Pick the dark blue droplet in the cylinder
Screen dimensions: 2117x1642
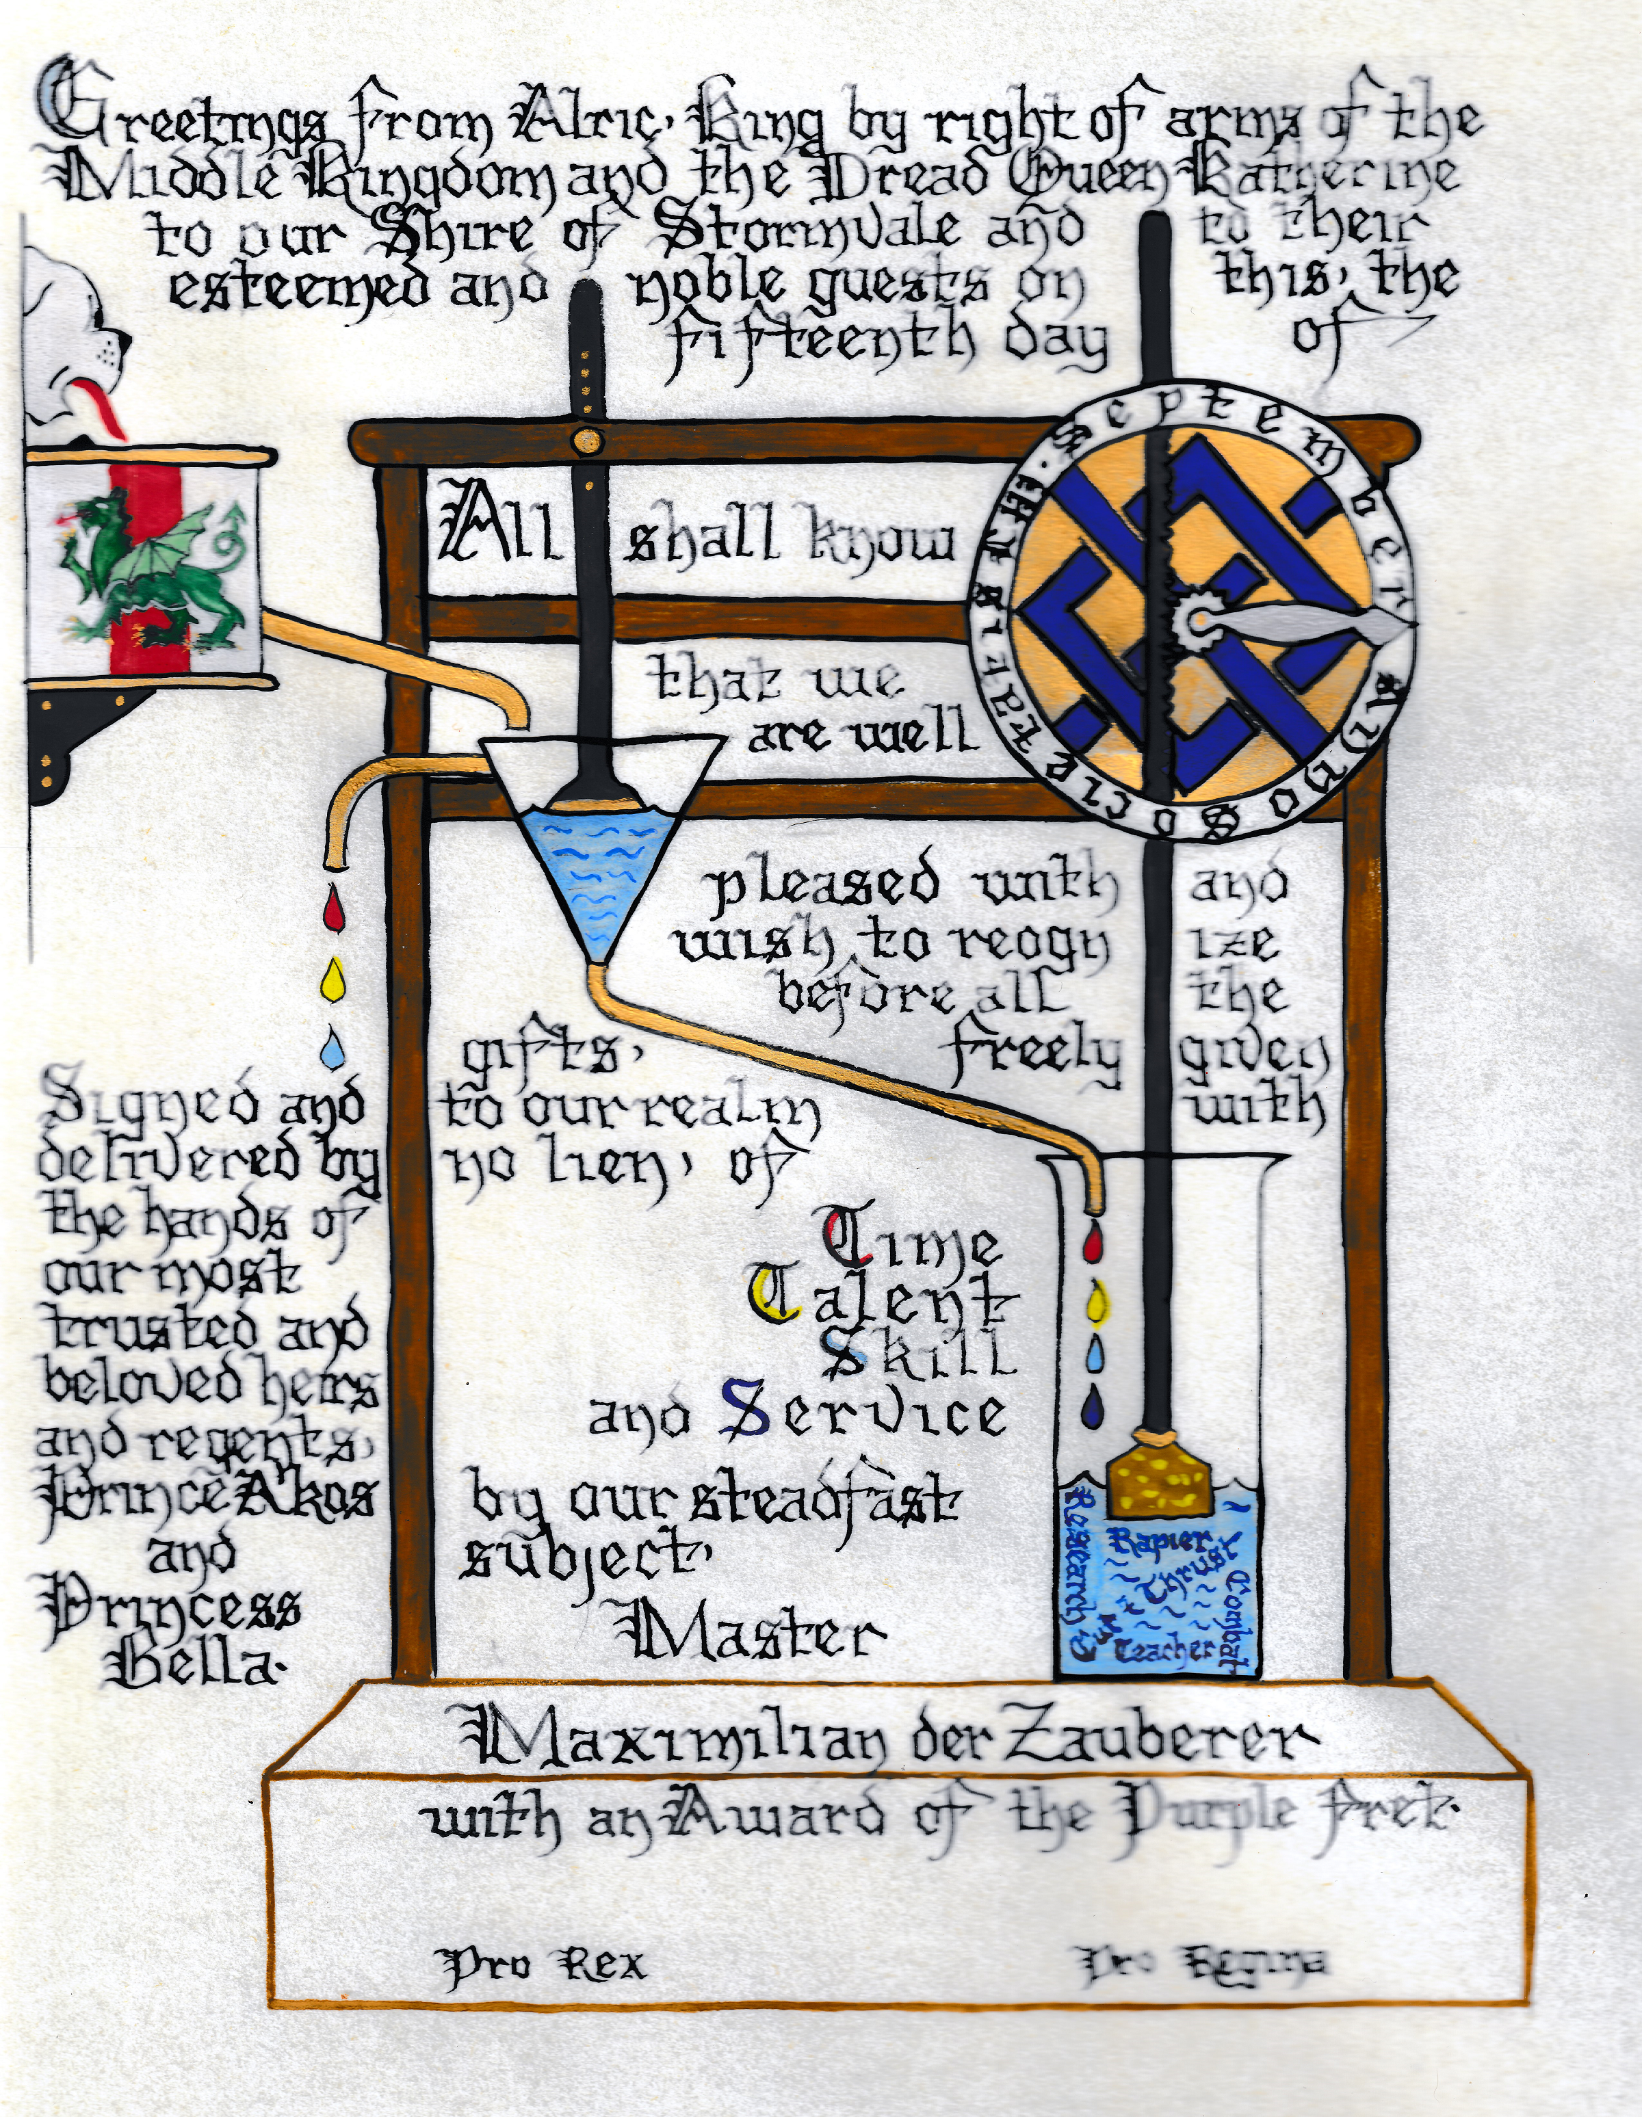tap(1096, 1404)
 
